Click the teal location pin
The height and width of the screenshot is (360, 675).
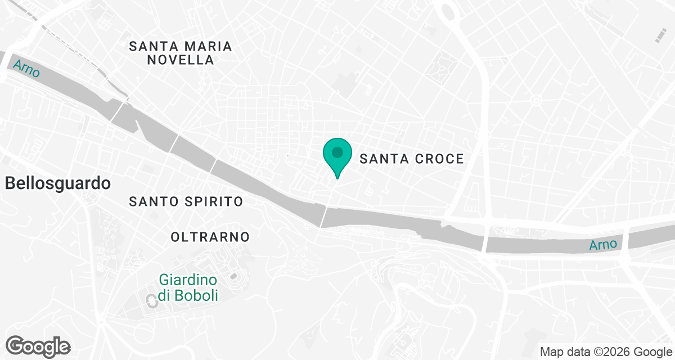[337, 154]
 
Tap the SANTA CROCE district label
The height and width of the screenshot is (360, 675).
[411, 159]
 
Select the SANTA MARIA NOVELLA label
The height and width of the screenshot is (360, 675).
[180, 53]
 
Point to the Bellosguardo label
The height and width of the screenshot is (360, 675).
[57, 183]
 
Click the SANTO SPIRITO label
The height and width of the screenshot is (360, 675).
[186, 201]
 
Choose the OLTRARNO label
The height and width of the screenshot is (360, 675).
[210, 237]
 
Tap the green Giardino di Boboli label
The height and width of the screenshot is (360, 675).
[188, 287]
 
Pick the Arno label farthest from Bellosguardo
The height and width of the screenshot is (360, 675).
[603, 245]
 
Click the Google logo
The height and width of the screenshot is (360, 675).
[38, 346]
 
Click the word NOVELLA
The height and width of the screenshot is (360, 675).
[180, 60]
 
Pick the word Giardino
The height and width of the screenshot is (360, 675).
[188, 279]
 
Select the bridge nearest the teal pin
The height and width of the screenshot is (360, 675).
[323, 216]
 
